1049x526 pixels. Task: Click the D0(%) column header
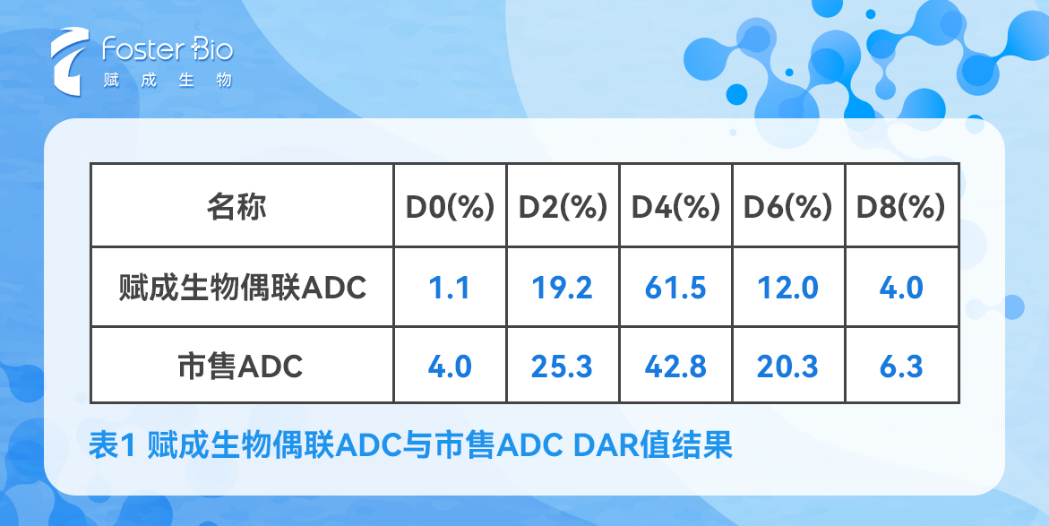(x=450, y=208)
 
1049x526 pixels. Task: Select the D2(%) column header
(x=563, y=208)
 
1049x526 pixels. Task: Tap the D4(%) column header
(x=675, y=208)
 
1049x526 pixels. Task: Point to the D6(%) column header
(x=788, y=208)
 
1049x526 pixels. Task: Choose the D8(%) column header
(x=901, y=208)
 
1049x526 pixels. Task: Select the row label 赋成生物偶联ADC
(x=243, y=288)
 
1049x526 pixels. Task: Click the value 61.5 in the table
(x=675, y=288)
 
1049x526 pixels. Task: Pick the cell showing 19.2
(x=563, y=288)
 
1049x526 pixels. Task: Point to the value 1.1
(x=450, y=288)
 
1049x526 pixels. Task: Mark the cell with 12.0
(x=788, y=288)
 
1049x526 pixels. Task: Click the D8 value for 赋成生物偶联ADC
(x=901, y=288)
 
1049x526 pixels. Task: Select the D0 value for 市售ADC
(x=450, y=366)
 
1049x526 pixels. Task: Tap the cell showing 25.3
(x=563, y=366)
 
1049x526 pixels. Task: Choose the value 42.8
(x=675, y=366)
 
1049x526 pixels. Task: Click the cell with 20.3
(x=788, y=366)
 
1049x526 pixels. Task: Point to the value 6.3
(x=901, y=366)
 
